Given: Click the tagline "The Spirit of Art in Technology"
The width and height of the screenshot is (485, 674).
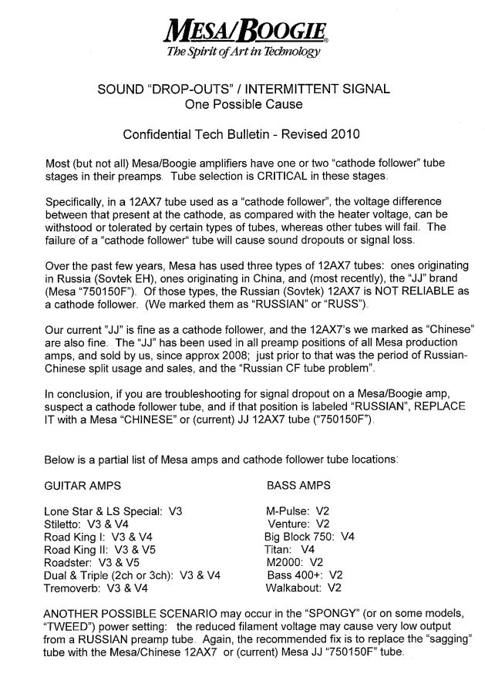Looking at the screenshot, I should coord(242,52).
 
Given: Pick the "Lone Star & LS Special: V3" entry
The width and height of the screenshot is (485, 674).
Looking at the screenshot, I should coord(115,511).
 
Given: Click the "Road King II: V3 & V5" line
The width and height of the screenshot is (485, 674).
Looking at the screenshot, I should coord(97,549).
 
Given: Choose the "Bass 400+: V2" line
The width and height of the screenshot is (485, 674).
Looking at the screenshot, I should coord(304,575).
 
